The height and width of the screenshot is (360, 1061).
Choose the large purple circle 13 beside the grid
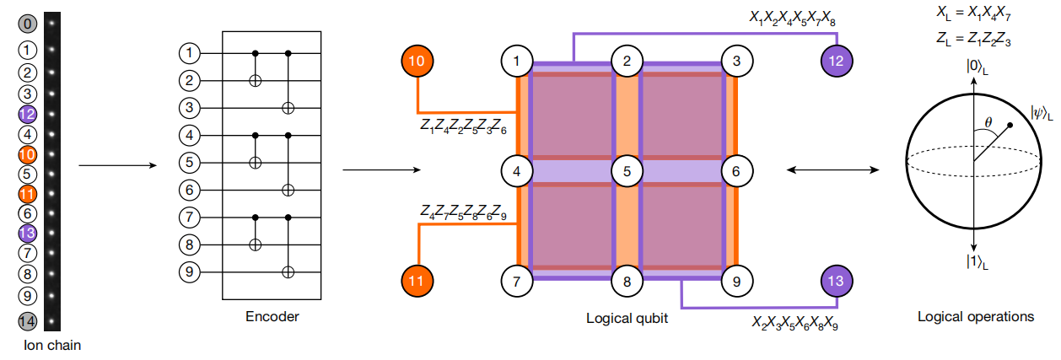(837, 281)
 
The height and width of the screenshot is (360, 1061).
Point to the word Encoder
(272, 317)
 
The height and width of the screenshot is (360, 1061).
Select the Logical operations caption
(976, 317)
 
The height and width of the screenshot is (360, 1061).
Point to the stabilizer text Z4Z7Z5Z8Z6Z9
(465, 210)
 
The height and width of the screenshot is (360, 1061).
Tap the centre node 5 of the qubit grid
(627, 171)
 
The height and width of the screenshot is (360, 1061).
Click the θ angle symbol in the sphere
(989, 122)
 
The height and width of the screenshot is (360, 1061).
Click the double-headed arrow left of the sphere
(831, 170)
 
